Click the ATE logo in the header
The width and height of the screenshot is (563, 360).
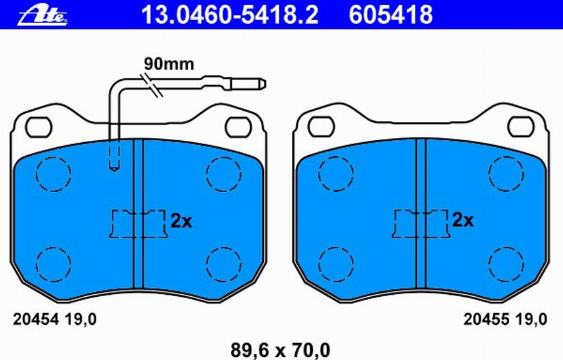pyautogui.click(x=43, y=14)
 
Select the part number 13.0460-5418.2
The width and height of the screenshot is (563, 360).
pyautogui.click(x=230, y=14)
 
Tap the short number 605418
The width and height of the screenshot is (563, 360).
pyautogui.click(x=390, y=14)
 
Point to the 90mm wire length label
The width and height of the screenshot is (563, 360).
pyautogui.click(x=169, y=64)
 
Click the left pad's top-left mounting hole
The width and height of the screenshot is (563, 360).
pyautogui.click(x=39, y=126)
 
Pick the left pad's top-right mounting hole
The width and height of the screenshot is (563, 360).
pyautogui.click(x=238, y=126)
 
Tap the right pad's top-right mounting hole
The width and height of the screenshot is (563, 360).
pyautogui.click(x=520, y=126)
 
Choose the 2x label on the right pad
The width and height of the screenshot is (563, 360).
pyautogui.click(x=463, y=220)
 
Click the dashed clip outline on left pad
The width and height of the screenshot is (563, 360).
pyautogui.click(x=138, y=224)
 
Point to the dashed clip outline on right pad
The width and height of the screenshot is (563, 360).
pyautogui.click(x=421, y=224)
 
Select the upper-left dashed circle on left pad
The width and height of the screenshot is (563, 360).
pyautogui.click(x=53, y=173)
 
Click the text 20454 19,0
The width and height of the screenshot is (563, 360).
pyautogui.click(x=55, y=320)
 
